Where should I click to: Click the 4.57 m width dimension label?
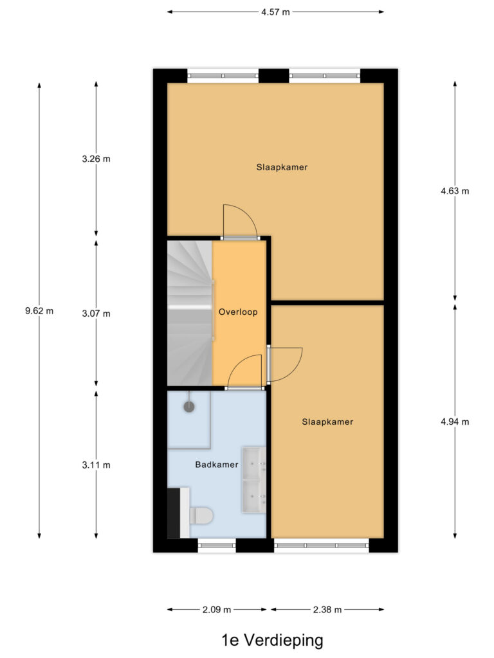pos(275,12)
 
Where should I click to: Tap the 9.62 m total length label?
pos(39,311)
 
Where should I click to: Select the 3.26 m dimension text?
pos(96,159)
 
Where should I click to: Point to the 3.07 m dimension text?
pos(96,314)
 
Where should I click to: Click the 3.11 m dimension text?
pos(96,465)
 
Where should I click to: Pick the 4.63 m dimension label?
pos(455,191)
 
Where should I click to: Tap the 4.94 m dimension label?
pos(455,422)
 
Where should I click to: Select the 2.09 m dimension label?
pos(217,610)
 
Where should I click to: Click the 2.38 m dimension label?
pos(327,610)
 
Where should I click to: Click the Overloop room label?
pos(238,312)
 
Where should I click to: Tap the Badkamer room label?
pos(217,465)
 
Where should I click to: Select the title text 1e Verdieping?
pos(272,641)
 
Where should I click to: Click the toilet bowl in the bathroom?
pos(201,516)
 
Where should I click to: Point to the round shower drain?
pos(189,406)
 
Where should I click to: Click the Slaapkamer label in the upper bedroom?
pos(282,167)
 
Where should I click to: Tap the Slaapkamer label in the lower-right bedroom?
pos(327,422)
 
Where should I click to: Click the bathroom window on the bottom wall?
pos(217,546)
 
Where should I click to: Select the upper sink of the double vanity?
pos(254,463)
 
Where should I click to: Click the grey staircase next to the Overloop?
pos(190,313)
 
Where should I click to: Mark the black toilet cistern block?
pos(174,513)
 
